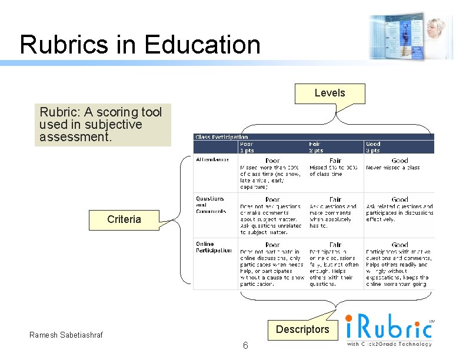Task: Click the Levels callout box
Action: pyautogui.click(x=329, y=93)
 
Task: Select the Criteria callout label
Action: pyautogui.click(x=124, y=219)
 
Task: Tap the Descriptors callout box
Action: pyautogui.click(x=302, y=329)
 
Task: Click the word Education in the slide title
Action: pyautogui.click(x=202, y=45)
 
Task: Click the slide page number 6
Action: pyautogui.click(x=245, y=346)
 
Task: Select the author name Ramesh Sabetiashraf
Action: pyautogui.click(x=66, y=335)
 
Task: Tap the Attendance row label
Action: pyautogui.click(x=213, y=160)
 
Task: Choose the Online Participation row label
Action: pyautogui.click(x=214, y=247)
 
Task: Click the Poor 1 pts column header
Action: pyautogui.click(x=247, y=147)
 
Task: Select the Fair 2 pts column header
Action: pyautogui.click(x=317, y=147)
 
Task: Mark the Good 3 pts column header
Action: pyautogui.click(x=374, y=147)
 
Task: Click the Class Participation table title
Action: pyautogui.click(x=221, y=137)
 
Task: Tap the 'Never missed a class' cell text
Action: pyautogui.click(x=393, y=168)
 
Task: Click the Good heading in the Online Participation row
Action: pyautogui.click(x=400, y=245)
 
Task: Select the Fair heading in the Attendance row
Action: pyautogui.click(x=335, y=160)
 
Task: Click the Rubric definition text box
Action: pyautogui.click(x=102, y=125)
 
